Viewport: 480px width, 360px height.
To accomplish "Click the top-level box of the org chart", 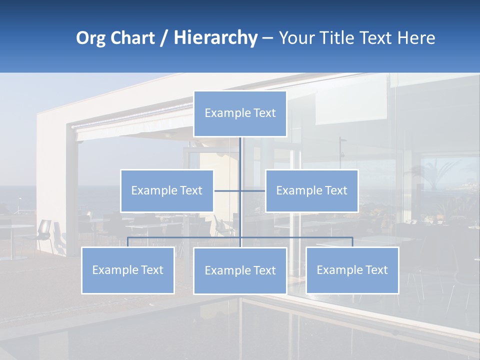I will [240, 113].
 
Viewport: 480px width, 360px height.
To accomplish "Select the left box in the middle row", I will [167, 190].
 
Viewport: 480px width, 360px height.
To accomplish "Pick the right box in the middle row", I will [311, 190].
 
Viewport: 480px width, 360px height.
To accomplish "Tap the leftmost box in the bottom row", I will [128, 270].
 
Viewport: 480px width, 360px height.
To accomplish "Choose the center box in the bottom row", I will [240, 270].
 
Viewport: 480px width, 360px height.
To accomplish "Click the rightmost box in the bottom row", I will [352, 270].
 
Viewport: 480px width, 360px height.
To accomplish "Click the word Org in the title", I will [90, 38].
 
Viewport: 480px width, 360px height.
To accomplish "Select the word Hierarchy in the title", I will [215, 38].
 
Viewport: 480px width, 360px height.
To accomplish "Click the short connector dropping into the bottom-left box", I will [128, 242].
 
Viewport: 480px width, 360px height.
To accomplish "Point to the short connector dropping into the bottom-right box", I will [352, 242].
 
